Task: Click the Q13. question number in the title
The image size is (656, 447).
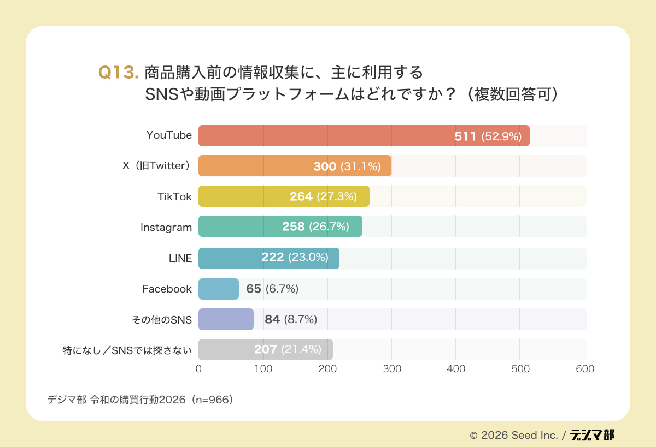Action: point(118,73)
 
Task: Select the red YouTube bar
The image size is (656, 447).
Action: point(328,136)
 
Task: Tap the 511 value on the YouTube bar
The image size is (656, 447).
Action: point(465,136)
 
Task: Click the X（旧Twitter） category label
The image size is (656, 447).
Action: point(157,166)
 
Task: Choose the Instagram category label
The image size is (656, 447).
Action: point(166,227)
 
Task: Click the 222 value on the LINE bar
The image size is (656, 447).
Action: point(272,257)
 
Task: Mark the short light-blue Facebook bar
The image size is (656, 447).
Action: point(219,289)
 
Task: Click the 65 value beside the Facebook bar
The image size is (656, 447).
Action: point(254,289)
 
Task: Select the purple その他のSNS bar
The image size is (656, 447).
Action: point(226,319)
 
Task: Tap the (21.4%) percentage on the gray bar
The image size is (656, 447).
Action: point(301,349)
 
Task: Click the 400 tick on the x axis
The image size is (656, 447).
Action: point(456,369)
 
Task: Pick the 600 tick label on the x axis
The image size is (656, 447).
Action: point(584,369)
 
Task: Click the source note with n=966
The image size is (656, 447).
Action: point(141,400)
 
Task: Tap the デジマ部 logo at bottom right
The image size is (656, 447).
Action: point(592,435)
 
